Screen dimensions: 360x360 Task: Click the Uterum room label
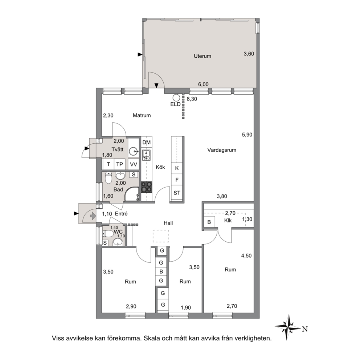pyautogui.click(x=202, y=56)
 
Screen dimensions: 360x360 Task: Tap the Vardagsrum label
pyautogui.click(x=222, y=150)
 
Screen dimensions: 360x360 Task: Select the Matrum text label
pyautogui.click(x=142, y=115)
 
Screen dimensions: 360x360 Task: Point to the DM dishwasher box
pyautogui.click(x=147, y=143)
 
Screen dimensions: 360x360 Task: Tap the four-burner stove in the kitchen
pyautogui.click(x=146, y=187)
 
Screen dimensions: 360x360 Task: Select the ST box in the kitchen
pyautogui.click(x=177, y=193)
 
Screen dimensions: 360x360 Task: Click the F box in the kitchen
pyautogui.click(x=177, y=180)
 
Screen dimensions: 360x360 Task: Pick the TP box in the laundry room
pyautogui.click(x=120, y=164)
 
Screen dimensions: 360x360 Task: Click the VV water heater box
pyautogui.click(x=134, y=164)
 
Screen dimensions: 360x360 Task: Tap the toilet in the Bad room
pyautogui.click(x=109, y=177)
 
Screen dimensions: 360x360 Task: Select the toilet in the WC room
pyautogui.click(x=108, y=234)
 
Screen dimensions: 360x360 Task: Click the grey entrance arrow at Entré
pyautogui.click(x=93, y=216)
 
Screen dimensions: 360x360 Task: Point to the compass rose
pyautogui.click(x=288, y=327)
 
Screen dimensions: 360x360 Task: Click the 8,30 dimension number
pyautogui.click(x=192, y=99)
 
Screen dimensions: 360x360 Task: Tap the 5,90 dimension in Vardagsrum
pyautogui.click(x=247, y=135)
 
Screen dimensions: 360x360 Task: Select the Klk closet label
pyautogui.click(x=228, y=220)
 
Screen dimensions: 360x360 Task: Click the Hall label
pyautogui.click(x=168, y=223)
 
